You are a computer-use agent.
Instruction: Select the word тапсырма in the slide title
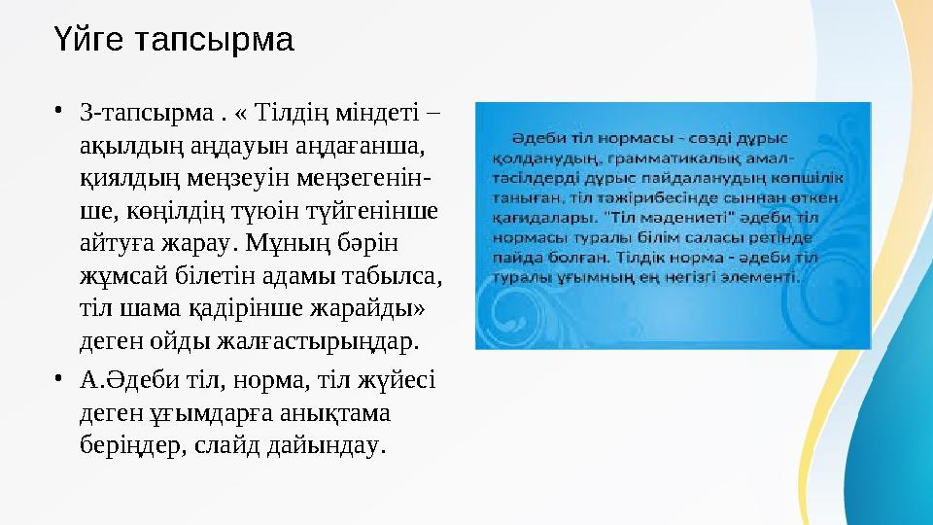[x=213, y=41]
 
